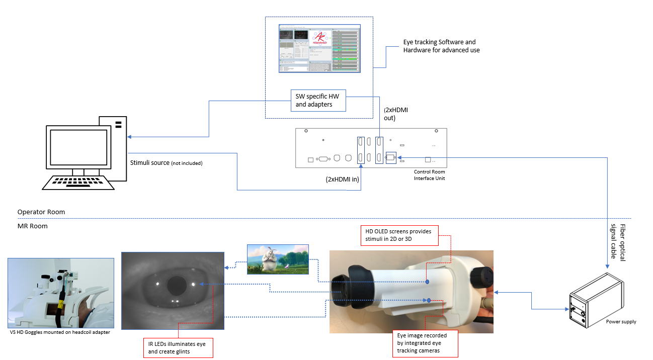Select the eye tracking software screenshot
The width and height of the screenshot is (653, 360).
click(319, 49)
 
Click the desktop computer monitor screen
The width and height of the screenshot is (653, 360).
click(78, 148)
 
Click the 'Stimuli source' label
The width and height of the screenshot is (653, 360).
click(166, 163)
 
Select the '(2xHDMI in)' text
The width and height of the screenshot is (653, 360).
click(342, 179)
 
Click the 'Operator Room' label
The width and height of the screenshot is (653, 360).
click(41, 212)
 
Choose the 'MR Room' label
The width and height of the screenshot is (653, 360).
click(32, 226)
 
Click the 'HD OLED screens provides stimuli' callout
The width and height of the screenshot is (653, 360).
click(399, 235)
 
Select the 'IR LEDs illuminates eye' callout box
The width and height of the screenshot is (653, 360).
click(178, 347)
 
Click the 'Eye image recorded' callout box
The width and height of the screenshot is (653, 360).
click(426, 342)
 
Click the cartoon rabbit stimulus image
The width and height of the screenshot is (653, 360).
click(277, 259)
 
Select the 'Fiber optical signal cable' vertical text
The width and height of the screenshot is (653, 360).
click(618, 241)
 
